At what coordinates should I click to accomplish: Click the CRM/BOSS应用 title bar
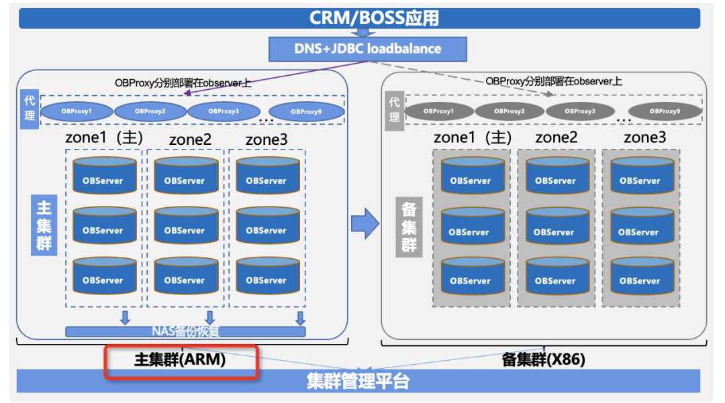pyautogui.click(x=359, y=18)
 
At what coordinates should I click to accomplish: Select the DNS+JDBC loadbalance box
pyautogui.click(x=368, y=49)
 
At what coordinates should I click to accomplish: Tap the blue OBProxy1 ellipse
pyautogui.click(x=77, y=111)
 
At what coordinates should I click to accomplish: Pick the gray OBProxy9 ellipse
pyautogui.click(x=665, y=111)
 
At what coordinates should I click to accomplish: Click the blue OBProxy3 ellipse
pyautogui.click(x=224, y=111)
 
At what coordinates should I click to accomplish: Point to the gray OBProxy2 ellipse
pyautogui.click(x=509, y=111)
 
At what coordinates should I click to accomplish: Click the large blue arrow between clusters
pyautogui.click(x=365, y=223)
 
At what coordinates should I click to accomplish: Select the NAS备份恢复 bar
pyautogui.click(x=185, y=331)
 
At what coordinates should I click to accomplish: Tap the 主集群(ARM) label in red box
pyautogui.click(x=180, y=359)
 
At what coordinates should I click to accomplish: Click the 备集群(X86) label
pyautogui.click(x=543, y=359)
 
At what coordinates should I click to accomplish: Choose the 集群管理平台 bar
pyautogui.click(x=358, y=382)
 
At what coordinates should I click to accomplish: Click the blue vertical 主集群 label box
pyautogui.click(x=44, y=225)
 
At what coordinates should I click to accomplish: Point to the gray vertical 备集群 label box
pyautogui.click(x=409, y=227)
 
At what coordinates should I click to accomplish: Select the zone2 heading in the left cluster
pyautogui.click(x=190, y=139)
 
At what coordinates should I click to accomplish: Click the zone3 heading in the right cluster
pyautogui.click(x=645, y=137)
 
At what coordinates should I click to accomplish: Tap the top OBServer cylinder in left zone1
pyautogui.click(x=105, y=176)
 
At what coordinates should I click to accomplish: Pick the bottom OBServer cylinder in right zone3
pyautogui.click(x=642, y=276)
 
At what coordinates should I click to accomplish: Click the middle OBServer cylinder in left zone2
pyautogui.click(x=187, y=225)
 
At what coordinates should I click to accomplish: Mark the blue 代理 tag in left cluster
pyautogui.click(x=30, y=109)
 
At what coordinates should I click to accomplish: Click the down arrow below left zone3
pyautogui.click(x=301, y=318)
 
